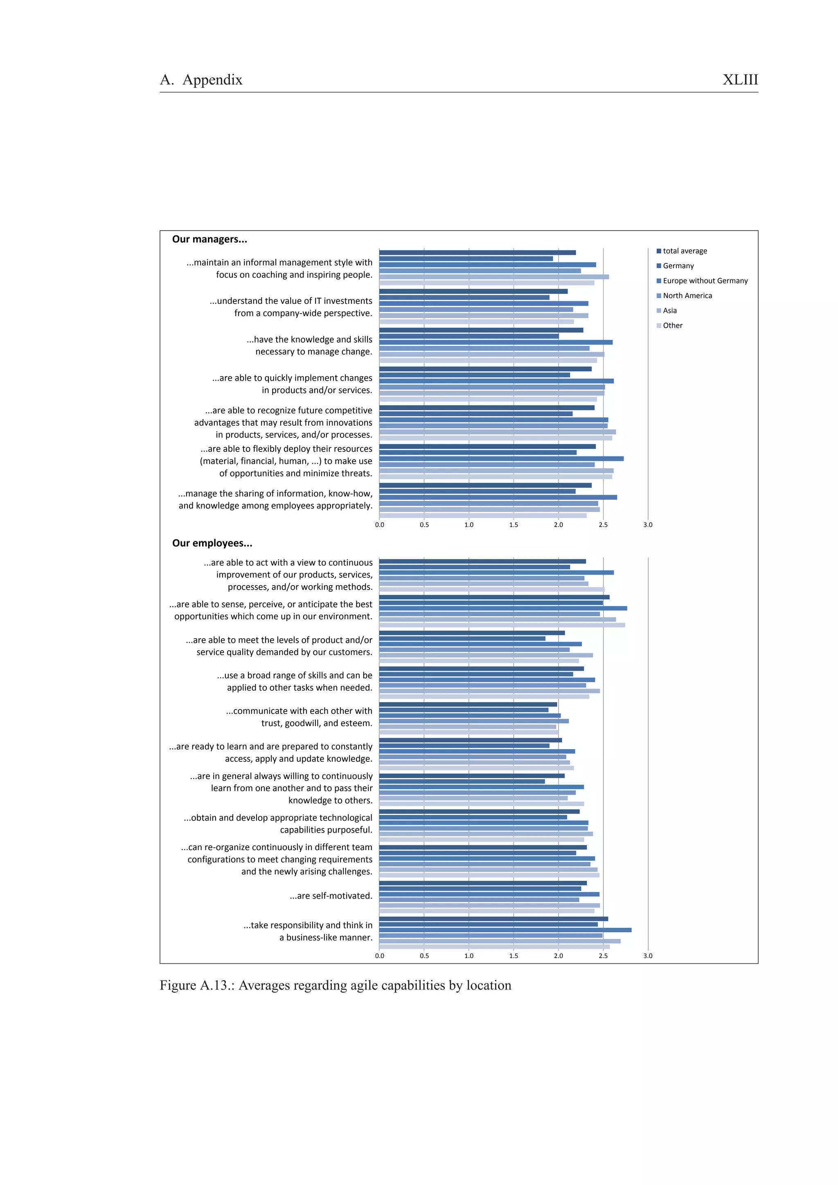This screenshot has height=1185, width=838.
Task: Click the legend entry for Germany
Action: [x=678, y=266]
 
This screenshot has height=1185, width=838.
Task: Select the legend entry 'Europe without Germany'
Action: [x=705, y=281]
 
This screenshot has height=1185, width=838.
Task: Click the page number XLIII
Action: [x=740, y=80]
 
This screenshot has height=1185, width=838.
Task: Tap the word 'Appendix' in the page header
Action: [x=212, y=80]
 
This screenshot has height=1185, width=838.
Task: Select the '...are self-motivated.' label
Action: [x=331, y=895]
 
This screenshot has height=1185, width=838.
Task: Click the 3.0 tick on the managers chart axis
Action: [x=647, y=525]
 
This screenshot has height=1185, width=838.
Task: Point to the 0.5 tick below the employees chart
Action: [x=424, y=956]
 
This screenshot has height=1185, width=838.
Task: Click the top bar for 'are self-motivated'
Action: [x=483, y=883]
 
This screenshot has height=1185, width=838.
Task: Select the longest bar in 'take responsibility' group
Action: [x=505, y=930]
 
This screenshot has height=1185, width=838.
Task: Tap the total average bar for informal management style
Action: [x=477, y=253]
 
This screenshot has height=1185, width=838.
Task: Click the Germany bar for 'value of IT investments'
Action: [x=464, y=297]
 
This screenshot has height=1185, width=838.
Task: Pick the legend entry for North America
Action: [x=687, y=296]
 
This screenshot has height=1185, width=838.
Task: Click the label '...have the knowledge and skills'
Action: [x=309, y=340]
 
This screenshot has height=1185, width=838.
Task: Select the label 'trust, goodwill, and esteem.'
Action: [x=317, y=723]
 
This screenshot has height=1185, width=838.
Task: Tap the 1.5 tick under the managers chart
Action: [x=513, y=525]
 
